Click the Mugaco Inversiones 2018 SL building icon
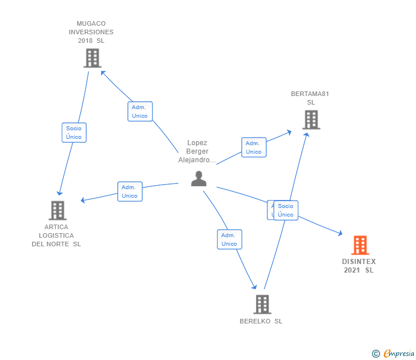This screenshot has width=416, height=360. coord(92,58)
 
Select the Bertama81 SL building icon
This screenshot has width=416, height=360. coord(311,119)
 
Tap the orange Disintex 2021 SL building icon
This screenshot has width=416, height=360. coord(359,245)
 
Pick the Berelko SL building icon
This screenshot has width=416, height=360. coord(262,304)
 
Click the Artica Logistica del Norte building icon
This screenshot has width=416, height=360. coord(57,210)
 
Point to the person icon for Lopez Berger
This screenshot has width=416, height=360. coord(198,179)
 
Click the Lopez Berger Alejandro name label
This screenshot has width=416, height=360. coord(197,151)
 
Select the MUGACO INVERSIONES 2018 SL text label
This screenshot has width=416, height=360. coord(91,32)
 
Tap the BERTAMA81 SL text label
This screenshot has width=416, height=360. coord(310,98)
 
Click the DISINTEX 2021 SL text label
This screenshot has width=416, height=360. coord(359,266)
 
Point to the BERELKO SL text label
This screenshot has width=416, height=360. coord(261,321)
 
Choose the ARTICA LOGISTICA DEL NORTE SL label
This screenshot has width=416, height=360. coord(56,235)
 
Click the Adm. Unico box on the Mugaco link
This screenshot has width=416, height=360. coord(139,111)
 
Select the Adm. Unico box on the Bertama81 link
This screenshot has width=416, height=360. coord(254,147)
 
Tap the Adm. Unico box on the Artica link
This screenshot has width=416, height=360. coord(130,191)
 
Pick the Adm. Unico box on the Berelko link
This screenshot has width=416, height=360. coord(229,239)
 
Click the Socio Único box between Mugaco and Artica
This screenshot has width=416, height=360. coord(74,133)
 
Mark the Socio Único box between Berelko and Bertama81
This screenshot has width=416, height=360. coord(286,210)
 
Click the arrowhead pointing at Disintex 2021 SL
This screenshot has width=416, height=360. coord(340,233)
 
